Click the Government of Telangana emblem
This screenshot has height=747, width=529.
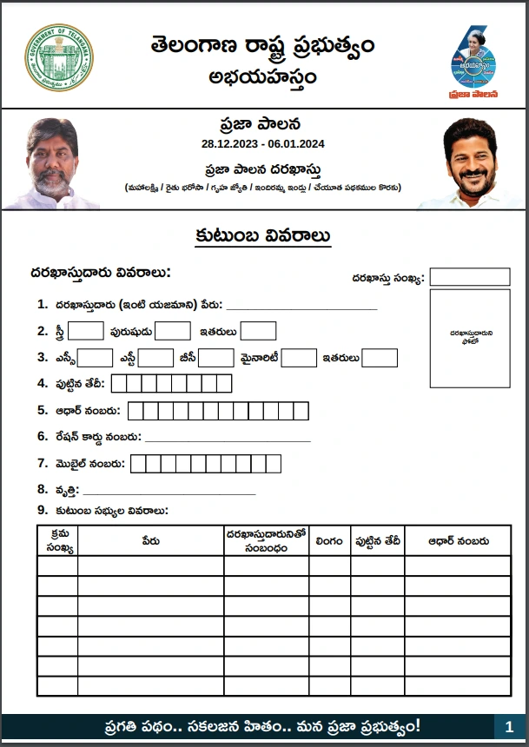pyautogui.click(x=58, y=58)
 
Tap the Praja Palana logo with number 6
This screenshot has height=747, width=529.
pyautogui.click(x=473, y=61)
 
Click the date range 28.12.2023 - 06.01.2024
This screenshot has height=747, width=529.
pyautogui.click(x=263, y=143)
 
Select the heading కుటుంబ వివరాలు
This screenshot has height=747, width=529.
pyautogui.click(x=262, y=236)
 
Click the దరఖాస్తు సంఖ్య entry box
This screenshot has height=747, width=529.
pyautogui.click(x=469, y=277)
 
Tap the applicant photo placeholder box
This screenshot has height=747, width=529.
pyautogui.click(x=469, y=338)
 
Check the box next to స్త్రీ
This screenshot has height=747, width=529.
pyautogui.click(x=86, y=331)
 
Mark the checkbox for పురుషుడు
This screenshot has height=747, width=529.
pyautogui.click(x=173, y=331)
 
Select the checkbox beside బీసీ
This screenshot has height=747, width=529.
pyautogui.click(x=215, y=358)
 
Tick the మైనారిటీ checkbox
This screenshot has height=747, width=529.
pyautogui.click(x=299, y=358)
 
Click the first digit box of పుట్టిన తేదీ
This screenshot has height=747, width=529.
pyautogui.click(x=119, y=384)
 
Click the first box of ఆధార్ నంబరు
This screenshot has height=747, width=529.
pyautogui.click(x=136, y=411)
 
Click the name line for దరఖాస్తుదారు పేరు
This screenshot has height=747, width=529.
pyautogui.click(x=301, y=307)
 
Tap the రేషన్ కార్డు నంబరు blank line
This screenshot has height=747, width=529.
pyautogui.click(x=227, y=440)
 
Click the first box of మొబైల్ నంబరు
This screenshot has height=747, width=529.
pyautogui.click(x=139, y=464)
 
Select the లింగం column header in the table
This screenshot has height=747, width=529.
pyautogui.click(x=329, y=540)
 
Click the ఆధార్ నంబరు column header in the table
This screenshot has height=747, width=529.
pyautogui.click(x=457, y=540)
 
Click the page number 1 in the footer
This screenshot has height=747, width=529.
pyautogui.click(x=509, y=726)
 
